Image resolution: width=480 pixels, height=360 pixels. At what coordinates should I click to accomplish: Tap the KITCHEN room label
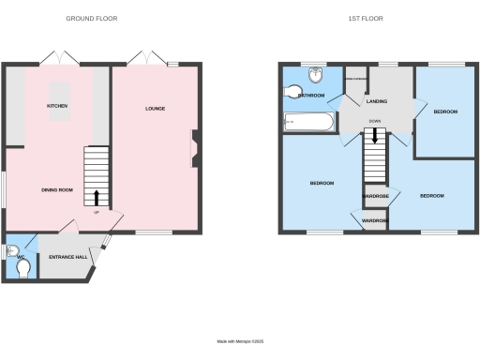point(58,106)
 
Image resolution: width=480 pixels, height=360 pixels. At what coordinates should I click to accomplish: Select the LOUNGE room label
point(155,109)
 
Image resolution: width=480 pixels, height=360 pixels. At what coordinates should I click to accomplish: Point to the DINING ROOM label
point(57,190)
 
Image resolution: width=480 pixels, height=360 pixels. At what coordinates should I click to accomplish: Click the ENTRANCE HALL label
point(68,256)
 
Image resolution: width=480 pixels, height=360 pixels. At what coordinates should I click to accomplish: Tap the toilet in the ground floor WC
point(24,269)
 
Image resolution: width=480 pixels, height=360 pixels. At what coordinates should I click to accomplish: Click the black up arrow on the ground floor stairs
point(97,197)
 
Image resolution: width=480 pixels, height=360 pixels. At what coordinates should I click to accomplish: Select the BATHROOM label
point(310,96)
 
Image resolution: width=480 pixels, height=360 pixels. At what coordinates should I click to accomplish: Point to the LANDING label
point(377,101)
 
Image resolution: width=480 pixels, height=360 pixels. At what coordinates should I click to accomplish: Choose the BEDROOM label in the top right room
point(445,112)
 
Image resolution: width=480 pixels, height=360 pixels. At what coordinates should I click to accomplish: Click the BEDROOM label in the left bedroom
point(322,183)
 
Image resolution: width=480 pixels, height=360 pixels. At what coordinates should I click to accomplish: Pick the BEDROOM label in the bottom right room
point(431,195)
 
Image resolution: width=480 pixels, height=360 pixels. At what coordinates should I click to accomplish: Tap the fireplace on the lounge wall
point(194,148)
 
